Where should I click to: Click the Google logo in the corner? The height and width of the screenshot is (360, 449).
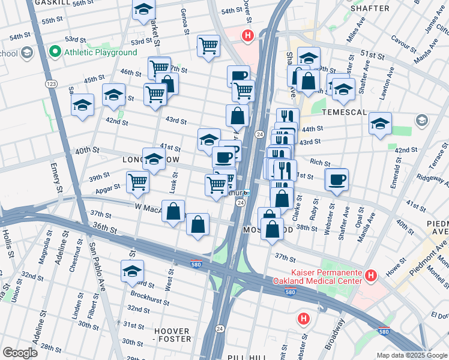click(20, 353)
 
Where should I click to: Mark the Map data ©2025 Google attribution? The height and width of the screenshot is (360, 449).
click(411, 355)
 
